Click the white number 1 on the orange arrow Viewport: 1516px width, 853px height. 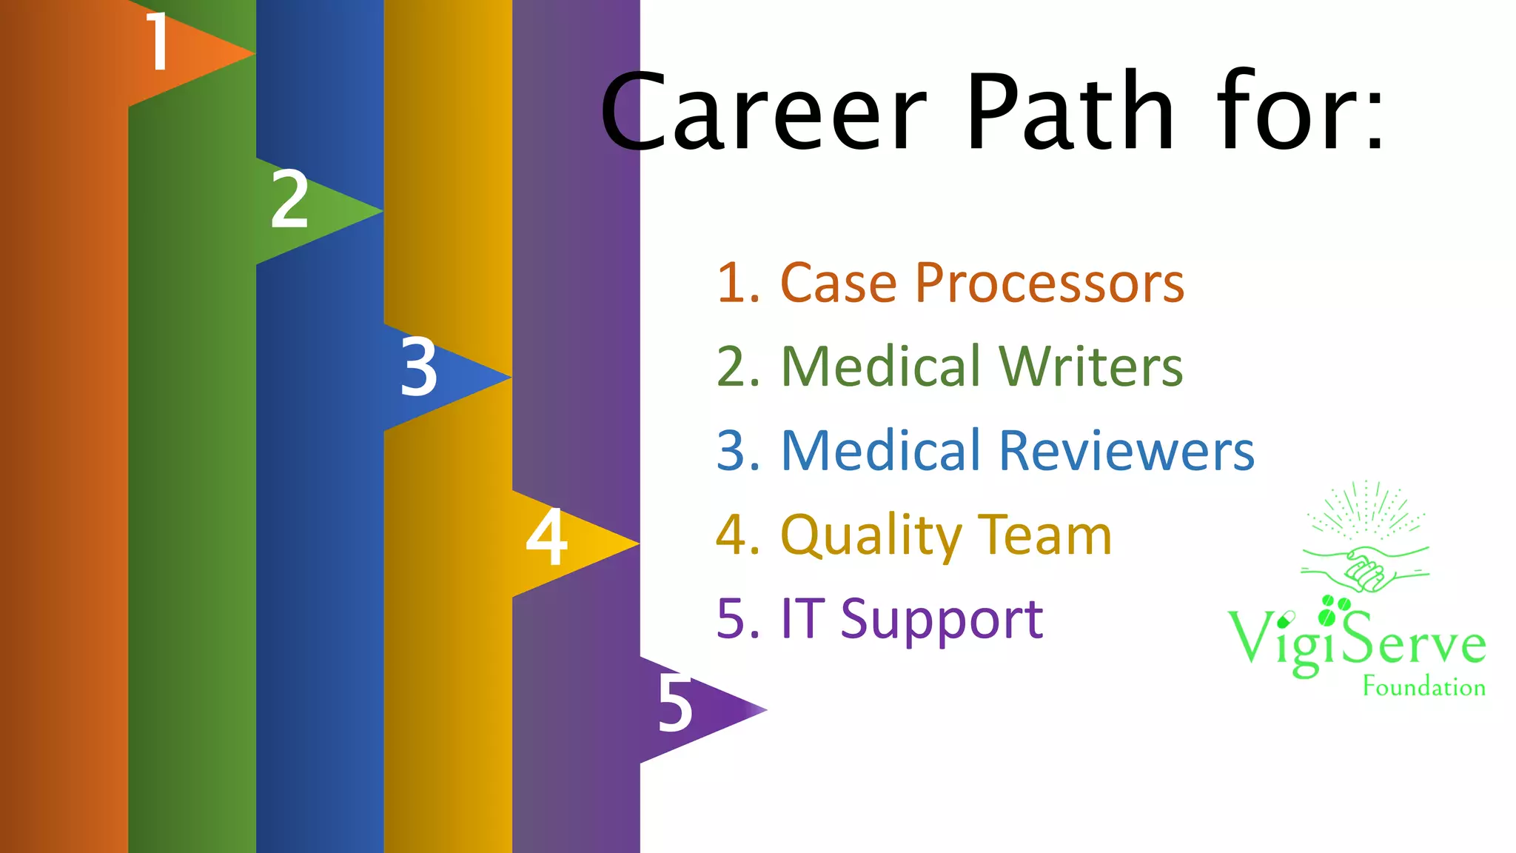pyautogui.click(x=158, y=42)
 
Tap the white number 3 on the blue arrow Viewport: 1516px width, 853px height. pyautogui.click(x=419, y=366)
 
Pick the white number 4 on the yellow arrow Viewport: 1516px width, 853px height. pyautogui.click(x=546, y=536)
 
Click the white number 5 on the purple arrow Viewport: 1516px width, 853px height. pyautogui.click(x=675, y=703)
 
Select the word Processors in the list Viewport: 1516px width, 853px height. pyautogui.click(x=1049, y=284)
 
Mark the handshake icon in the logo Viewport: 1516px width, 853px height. pyautogui.click(x=1364, y=569)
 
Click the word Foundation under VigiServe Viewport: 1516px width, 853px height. pyautogui.click(x=1423, y=687)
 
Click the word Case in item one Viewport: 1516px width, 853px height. pyautogui.click(x=839, y=284)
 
